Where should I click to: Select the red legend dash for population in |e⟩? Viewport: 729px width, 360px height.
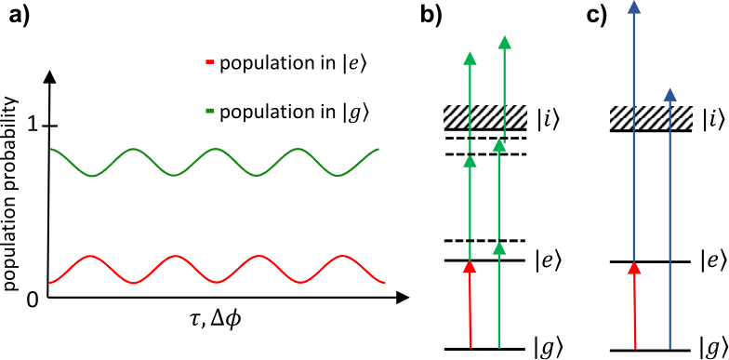click(x=209, y=65)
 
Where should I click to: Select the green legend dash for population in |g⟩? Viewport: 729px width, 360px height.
click(x=209, y=111)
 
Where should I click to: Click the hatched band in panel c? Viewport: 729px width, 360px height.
click(x=651, y=119)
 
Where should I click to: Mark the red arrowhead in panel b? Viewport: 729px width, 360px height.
click(x=471, y=266)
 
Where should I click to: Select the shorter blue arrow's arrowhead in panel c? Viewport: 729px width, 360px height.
click(x=669, y=95)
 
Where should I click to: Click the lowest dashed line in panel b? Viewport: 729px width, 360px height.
click(x=485, y=240)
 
